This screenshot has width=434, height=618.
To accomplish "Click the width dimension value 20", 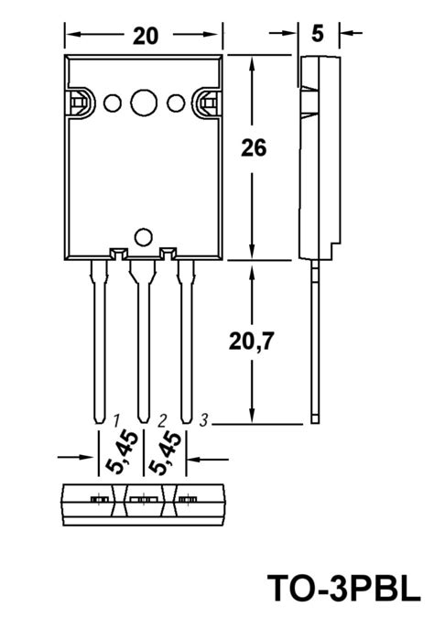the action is [x=146, y=36].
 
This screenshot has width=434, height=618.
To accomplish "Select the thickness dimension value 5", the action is [x=318, y=34].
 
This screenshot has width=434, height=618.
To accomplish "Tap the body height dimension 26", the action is [x=254, y=148].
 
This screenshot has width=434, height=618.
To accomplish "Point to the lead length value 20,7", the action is [x=251, y=342].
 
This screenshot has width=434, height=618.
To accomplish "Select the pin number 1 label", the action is [x=116, y=421].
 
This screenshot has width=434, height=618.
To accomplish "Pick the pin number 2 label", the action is [x=162, y=421].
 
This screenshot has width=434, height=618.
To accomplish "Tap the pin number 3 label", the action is [x=203, y=420].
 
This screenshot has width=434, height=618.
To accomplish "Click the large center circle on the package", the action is [x=144, y=103].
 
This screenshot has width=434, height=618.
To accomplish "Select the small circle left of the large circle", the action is [x=113, y=103].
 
